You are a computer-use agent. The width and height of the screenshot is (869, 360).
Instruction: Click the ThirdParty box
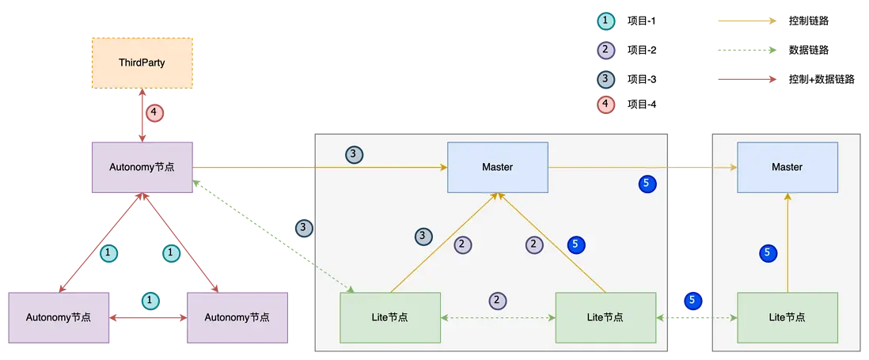click(x=142, y=62)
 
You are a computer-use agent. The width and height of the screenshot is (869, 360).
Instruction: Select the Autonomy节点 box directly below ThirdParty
click(x=142, y=166)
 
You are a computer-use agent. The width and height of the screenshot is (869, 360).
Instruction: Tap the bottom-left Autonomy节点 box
click(x=58, y=317)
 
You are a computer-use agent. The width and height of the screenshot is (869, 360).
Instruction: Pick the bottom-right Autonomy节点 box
click(x=237, y=317)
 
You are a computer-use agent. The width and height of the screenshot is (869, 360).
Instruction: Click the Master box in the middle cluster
click(x=498, y=167)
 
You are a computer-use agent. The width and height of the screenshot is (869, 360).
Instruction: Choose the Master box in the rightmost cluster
click(x=787, y=167)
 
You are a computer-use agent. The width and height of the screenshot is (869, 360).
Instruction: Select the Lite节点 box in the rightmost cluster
click(x=787, y=317)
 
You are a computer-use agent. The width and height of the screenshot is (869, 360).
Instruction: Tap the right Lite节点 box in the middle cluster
click(x=606, y=317)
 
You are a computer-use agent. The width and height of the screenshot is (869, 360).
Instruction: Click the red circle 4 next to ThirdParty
click(x=154, y=113)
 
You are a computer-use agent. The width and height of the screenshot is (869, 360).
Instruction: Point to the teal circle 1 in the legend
click(x=605, y=21)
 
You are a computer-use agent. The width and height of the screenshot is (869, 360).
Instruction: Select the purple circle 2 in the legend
click(x=605, y=50)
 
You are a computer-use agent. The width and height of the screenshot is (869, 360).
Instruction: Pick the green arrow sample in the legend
click(x=746, y=50)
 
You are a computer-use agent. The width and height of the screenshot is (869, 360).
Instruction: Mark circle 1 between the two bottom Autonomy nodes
click(x=150, y=301)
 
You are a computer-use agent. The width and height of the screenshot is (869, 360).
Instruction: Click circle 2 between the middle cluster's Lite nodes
click(x=497, y=301)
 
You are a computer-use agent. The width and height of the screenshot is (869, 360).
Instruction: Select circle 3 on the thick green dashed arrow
click(x=304, y=228)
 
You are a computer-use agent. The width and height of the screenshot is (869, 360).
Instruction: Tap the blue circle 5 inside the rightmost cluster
click(x=767, y=253)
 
